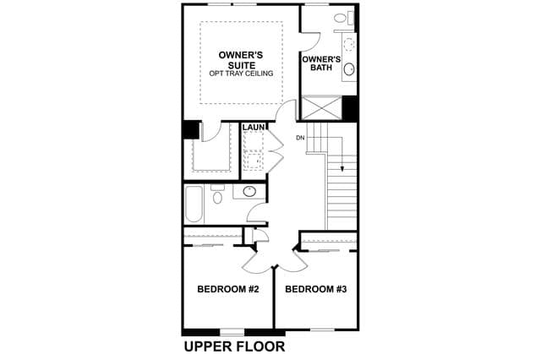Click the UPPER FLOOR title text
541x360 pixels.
click(235, 346)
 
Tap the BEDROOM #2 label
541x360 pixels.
click(228, 289)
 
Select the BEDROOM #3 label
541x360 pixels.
click(315, 289)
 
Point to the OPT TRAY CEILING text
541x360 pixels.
click(241, 74)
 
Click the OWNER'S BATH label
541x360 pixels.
click(321, 63)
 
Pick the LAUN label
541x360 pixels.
click(254, 128)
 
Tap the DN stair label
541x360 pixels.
click(300, 138)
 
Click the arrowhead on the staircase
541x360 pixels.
click(342, 169)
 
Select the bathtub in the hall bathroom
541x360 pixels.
click(194, 205)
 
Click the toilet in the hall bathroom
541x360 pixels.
click(217, 194)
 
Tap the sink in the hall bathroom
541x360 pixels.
click(249, 191)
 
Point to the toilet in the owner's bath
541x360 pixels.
click(342, 17)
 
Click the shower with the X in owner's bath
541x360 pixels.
click(321, 107)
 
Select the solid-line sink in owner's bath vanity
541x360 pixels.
click(349, 69)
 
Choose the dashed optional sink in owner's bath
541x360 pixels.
click(349, 44)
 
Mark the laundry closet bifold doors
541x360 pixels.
click(276, 150)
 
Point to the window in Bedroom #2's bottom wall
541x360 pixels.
click(232, 332)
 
